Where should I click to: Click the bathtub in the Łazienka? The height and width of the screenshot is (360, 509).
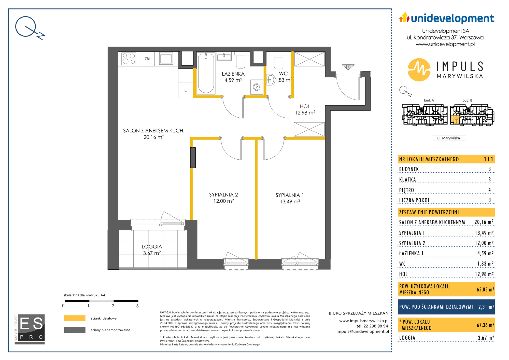[206, 73]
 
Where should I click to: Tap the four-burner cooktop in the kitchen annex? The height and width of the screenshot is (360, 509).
[129, 59]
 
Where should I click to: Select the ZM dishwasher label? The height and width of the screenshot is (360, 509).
[147, 59]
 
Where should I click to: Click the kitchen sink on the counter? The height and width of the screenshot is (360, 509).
[166, 58]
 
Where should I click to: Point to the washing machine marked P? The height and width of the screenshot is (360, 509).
[257, 87]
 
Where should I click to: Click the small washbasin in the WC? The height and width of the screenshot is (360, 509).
[271, 80]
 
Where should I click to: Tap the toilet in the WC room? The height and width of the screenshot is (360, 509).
[279, 62]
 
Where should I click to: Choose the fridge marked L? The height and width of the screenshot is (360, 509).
[185, 90]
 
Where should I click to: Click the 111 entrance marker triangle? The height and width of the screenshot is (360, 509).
[348, 67]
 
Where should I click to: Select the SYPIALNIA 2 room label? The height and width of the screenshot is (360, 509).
[223, 195]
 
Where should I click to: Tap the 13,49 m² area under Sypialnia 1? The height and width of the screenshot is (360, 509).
[290, 201]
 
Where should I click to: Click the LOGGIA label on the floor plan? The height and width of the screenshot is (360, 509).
[152, 247]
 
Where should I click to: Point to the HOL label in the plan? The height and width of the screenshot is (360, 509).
[305, 106]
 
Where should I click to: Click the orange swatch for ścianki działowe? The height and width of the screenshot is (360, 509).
[75, 318]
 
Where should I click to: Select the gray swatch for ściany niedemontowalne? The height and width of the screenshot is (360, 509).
[75, 330]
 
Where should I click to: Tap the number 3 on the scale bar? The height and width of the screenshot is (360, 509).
[137, 306]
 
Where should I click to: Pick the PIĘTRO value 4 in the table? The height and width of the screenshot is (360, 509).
[489, 190]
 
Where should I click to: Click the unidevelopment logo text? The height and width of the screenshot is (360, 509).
[453, 18]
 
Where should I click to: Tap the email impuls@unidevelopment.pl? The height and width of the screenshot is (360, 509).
[363, 331]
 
